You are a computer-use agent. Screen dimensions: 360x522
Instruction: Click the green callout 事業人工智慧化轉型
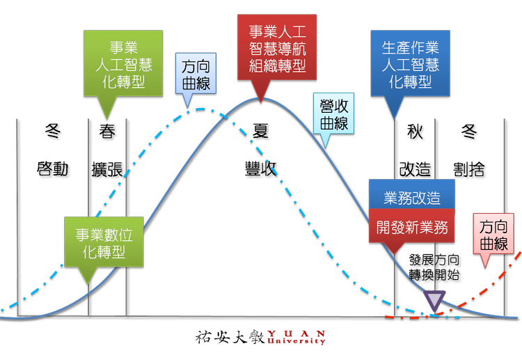(x=123, y=62)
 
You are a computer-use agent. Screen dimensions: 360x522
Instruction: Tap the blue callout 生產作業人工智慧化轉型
(x=411, y=63)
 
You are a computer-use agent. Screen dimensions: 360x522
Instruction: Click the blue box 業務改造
(x=412, y=198)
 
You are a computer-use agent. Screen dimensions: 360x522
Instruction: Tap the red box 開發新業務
(x=412, y=227)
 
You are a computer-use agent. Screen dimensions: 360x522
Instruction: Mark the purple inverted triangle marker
(x=436, y=301)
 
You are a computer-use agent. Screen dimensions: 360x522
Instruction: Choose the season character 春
(x=106, y=131)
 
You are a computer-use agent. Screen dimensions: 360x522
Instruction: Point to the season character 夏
(x=261, y=131)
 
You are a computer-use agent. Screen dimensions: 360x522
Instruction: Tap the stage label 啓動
(x=52, y=168)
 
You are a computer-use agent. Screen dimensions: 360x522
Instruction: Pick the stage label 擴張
(x=107, y=169)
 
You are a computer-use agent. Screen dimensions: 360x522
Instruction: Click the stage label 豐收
(x=261, y=169)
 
